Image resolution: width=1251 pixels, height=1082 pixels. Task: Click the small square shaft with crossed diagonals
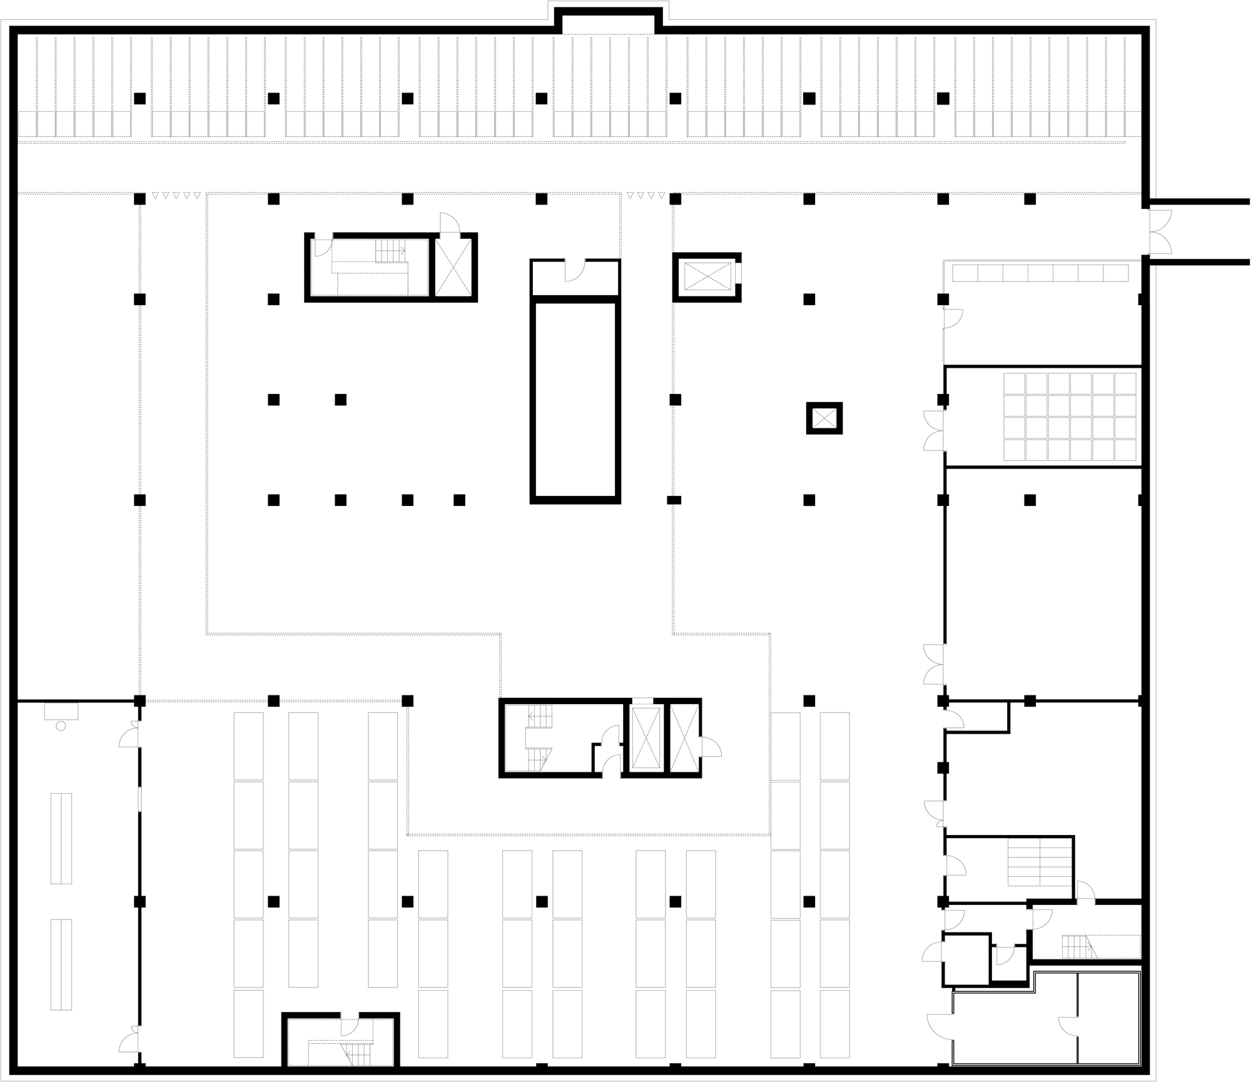coord(824,418)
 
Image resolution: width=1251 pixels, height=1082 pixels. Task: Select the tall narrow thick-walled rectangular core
coord(575,400)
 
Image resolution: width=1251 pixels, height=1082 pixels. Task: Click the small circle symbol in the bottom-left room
coord(61,725)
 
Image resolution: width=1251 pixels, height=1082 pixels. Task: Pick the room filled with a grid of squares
coord(1070,417)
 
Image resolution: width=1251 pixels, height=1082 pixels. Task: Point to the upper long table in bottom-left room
coord(61,838)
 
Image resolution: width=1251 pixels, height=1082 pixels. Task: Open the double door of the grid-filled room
coord(933,430)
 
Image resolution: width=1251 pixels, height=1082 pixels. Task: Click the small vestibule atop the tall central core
coord(575,277)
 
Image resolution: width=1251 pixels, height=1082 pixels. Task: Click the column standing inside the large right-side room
coord(1030,500)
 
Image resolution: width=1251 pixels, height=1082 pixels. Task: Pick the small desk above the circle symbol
coord(61,711)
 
